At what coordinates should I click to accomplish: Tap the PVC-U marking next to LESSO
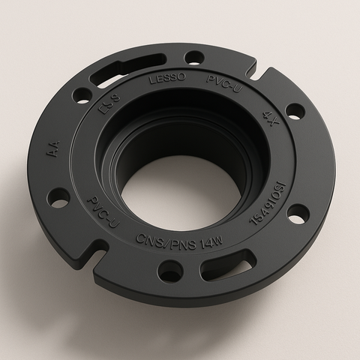222,82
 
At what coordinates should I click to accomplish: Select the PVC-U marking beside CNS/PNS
103,213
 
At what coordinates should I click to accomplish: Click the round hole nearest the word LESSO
193,56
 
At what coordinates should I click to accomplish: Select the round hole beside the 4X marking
295,111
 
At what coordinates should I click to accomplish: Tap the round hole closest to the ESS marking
82,95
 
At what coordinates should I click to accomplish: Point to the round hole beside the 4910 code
298,214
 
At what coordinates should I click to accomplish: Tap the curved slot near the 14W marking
228,263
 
